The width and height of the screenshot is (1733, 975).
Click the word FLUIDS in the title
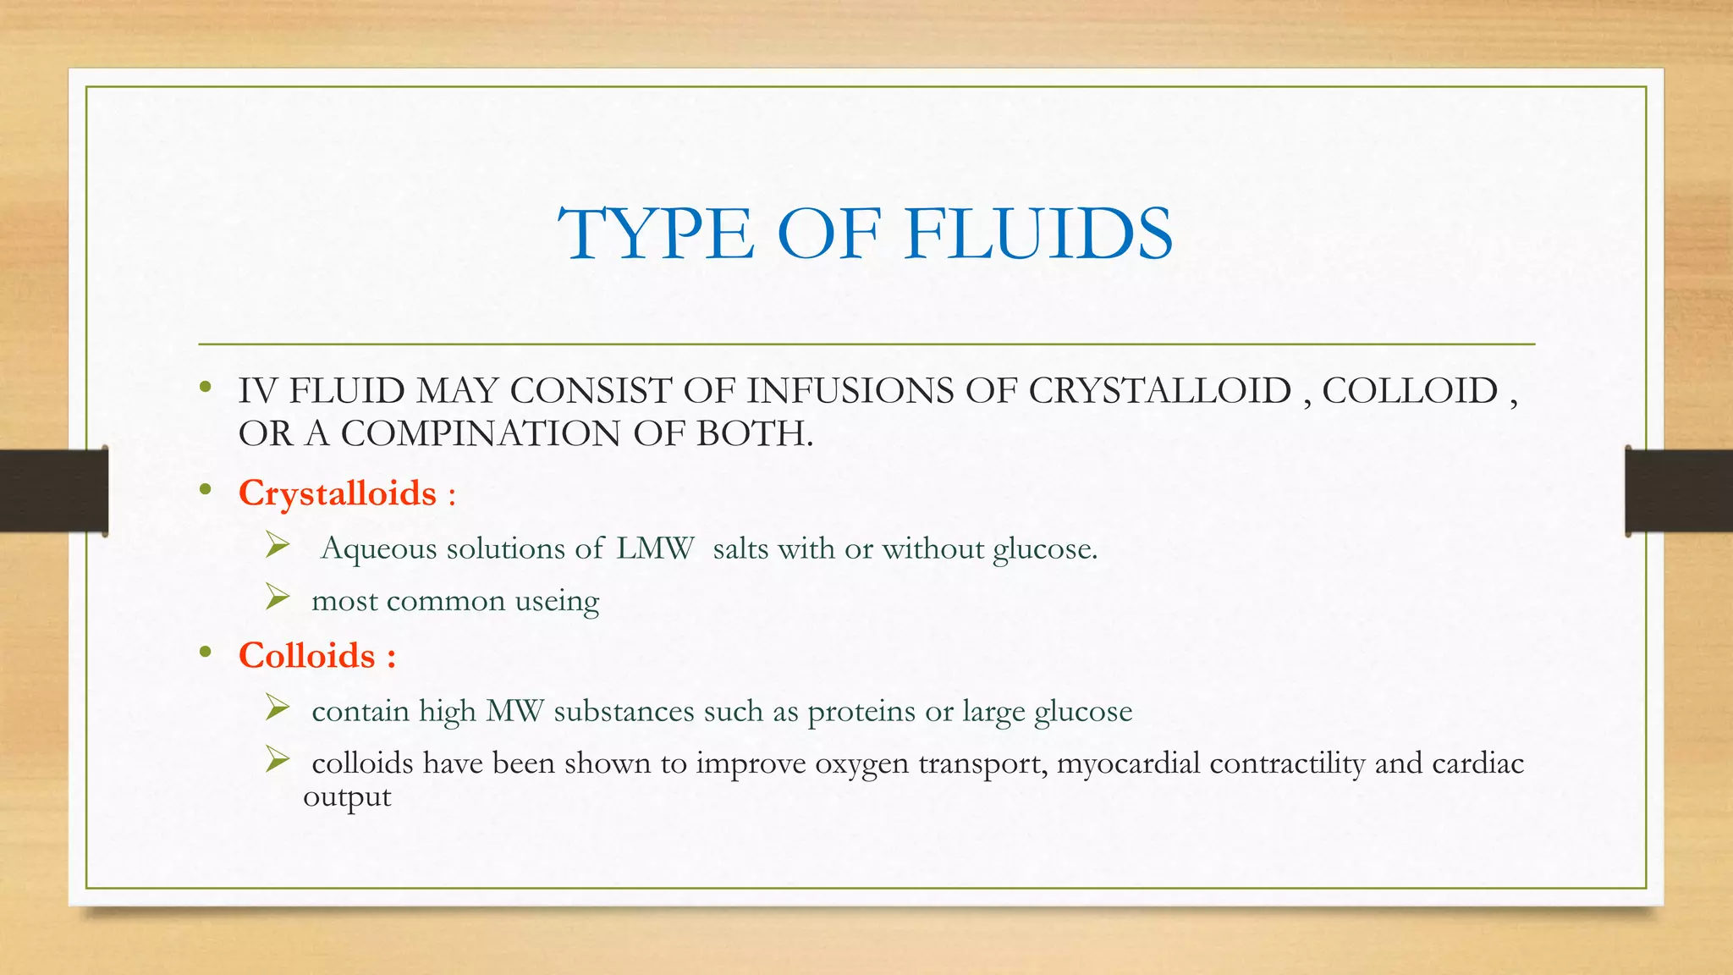[1038, 234]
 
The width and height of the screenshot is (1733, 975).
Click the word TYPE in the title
[656, 234]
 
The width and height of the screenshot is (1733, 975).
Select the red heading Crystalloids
[338, 493]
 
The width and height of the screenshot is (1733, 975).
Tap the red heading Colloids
[306, 656]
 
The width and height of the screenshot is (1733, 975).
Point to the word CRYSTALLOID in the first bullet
[1160, 391]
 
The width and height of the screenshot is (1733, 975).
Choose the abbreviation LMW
[655, 548]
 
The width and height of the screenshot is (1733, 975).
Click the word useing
[557, 601]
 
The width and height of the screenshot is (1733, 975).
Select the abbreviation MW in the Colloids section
[514, 711]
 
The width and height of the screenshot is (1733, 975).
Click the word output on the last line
[347, 796]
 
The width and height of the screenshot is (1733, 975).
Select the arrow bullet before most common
[278, 598]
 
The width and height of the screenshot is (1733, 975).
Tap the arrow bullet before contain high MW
[278, 708]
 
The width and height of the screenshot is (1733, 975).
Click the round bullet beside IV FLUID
[205, 388]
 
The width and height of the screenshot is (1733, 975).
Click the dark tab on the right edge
[1679, 491]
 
